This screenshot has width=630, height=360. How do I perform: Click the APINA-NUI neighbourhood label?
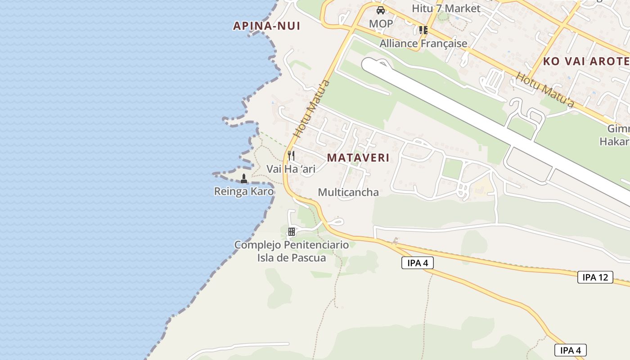[266, 26]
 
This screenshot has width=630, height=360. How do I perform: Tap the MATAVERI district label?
[358, 158]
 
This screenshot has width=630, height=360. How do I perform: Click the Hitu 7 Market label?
[446, 9]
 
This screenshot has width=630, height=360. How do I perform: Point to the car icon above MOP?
[381, 10]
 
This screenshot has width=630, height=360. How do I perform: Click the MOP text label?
[381, 23]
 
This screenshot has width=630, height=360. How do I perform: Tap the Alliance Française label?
[423, 44]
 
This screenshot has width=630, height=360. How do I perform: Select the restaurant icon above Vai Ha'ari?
[291, 156]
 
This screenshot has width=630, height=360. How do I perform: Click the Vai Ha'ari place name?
[291, 169]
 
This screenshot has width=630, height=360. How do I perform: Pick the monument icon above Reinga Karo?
[244, 179]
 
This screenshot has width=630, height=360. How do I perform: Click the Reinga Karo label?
[243, 192]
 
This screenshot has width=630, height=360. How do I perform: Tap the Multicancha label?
[348, 193]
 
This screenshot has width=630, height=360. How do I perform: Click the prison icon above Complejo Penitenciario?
[292, 232]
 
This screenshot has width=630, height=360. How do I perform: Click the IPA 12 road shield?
[595, 277]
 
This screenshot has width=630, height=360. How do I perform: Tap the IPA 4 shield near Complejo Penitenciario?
[417, 263]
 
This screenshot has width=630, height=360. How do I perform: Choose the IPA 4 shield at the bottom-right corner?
[570, 350]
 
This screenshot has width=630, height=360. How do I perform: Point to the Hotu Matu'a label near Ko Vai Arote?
[544, 90]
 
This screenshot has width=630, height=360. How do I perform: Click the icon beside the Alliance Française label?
[423, 30]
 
